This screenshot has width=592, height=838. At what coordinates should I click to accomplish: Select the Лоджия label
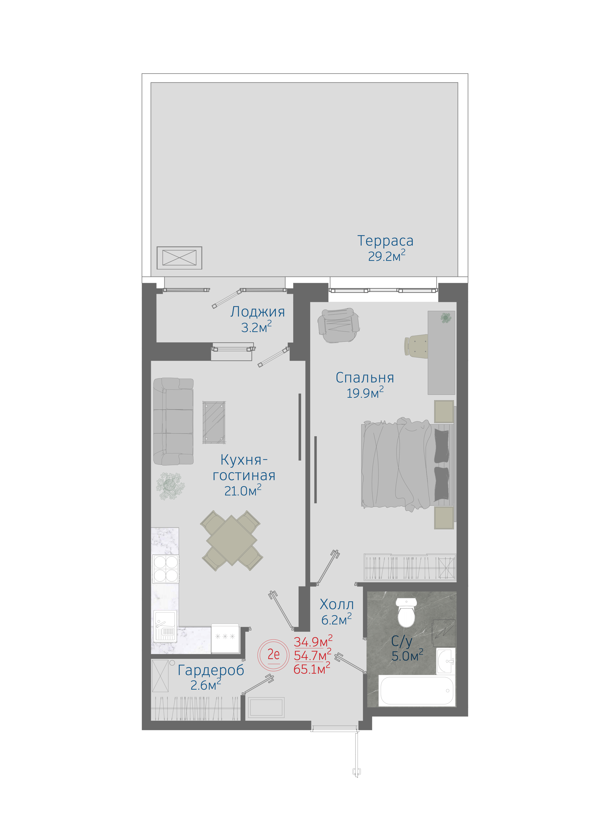[x=257, y=312]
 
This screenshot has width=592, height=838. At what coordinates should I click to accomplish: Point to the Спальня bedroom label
[x=365, y=378]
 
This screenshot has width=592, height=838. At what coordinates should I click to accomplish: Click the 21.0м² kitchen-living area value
[x=243, y=490]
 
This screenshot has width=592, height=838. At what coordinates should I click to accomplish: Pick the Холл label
[x=337, y=604]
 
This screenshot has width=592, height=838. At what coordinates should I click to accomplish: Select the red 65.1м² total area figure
[x=312, y=669]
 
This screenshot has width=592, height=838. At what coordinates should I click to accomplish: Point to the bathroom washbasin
[x=446, y=661]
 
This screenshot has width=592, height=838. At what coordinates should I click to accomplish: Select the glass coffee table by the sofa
[x=214, y=422]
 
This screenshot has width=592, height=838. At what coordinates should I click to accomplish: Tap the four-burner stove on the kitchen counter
[x=166, y=568]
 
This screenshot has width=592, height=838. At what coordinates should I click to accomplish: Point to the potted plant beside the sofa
[x=170, y=486]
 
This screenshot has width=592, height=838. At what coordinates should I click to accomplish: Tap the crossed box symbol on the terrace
[x=179, y=258]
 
